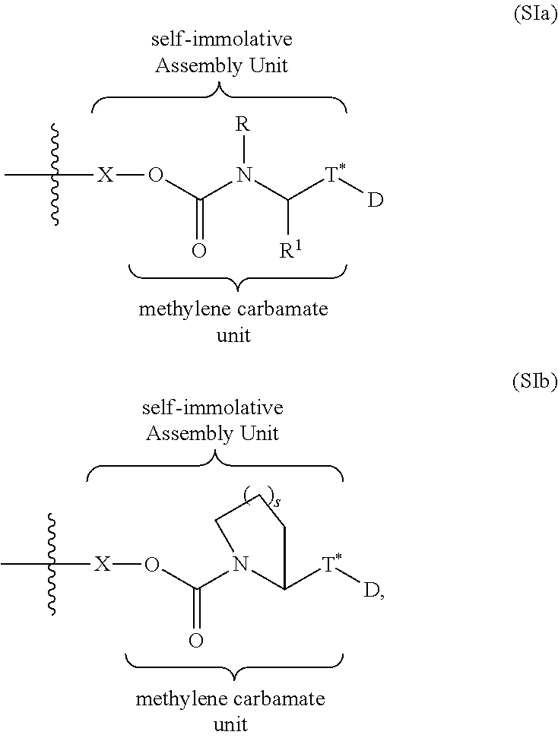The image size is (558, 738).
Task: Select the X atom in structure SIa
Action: (106, 176)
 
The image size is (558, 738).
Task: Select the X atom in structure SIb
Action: (103, 565)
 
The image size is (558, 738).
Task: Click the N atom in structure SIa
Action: (243, 176)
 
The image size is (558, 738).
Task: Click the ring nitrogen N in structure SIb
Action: (240, 565)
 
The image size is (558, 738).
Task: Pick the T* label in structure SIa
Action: (335, 176)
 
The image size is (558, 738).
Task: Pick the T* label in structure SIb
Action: (331, 564)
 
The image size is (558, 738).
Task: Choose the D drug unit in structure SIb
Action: (371, 590)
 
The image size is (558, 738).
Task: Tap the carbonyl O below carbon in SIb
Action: (195, 641)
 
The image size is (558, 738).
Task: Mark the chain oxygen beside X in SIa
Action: (155, 176)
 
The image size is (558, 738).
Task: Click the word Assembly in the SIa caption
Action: (191, 65)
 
